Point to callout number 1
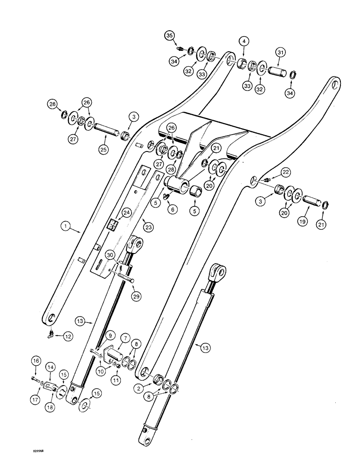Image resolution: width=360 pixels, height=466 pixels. [x=68, y=227]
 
